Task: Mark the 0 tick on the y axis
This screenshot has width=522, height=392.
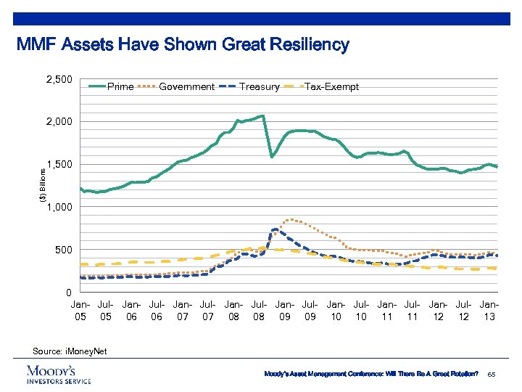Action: coord(68,293)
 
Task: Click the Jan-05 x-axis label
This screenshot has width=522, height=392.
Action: coord(81,311)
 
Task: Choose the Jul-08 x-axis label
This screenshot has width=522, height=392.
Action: coord(259,311)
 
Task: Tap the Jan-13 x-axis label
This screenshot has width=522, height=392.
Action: coord(489,311)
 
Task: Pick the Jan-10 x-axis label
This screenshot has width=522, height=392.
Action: coord(336,311)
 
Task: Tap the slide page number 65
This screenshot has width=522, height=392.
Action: coord(492,374)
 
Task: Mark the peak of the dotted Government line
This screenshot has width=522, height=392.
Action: coord(291,219)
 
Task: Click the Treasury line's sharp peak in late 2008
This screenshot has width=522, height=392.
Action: coord(275,230)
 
